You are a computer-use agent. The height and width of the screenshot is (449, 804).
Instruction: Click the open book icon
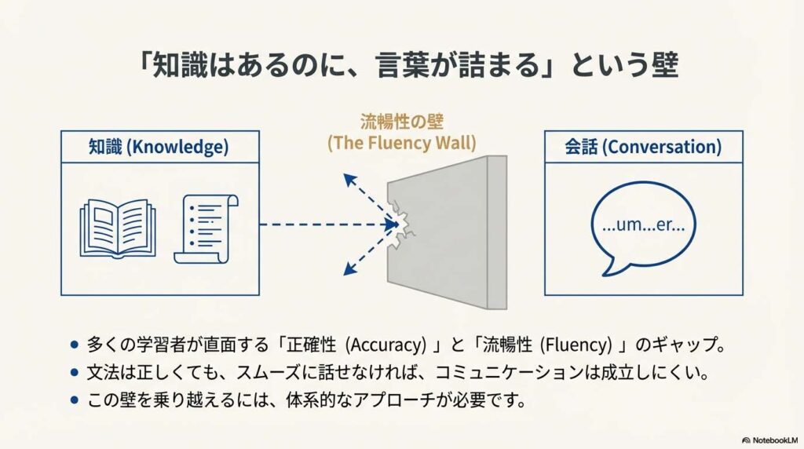click(118, 228)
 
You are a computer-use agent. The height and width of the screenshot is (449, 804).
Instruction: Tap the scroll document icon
click(206, 228)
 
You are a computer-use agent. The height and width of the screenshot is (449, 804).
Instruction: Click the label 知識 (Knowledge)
click(159, 147)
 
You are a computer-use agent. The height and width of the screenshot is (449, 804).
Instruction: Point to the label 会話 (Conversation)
click(643, 147)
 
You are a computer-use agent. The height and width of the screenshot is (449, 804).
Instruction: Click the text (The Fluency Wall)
click(401, 143)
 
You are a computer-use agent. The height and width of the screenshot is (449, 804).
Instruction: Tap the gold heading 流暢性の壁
click(401, 122)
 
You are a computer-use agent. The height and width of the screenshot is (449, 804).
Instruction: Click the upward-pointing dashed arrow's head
click(349, 180)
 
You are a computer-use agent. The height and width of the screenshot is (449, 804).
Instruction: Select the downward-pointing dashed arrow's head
click(349, 269)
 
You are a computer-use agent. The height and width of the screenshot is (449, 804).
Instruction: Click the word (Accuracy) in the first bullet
click(386, 345)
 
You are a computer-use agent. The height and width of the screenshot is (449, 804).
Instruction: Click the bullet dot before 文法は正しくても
click(75, 373)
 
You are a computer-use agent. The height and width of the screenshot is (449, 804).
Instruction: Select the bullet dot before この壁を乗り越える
click(75, 400)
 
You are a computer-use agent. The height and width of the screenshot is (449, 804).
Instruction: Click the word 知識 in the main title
click(174, 66)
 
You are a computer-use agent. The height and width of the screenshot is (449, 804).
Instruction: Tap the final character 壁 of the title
click(665, 66)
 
